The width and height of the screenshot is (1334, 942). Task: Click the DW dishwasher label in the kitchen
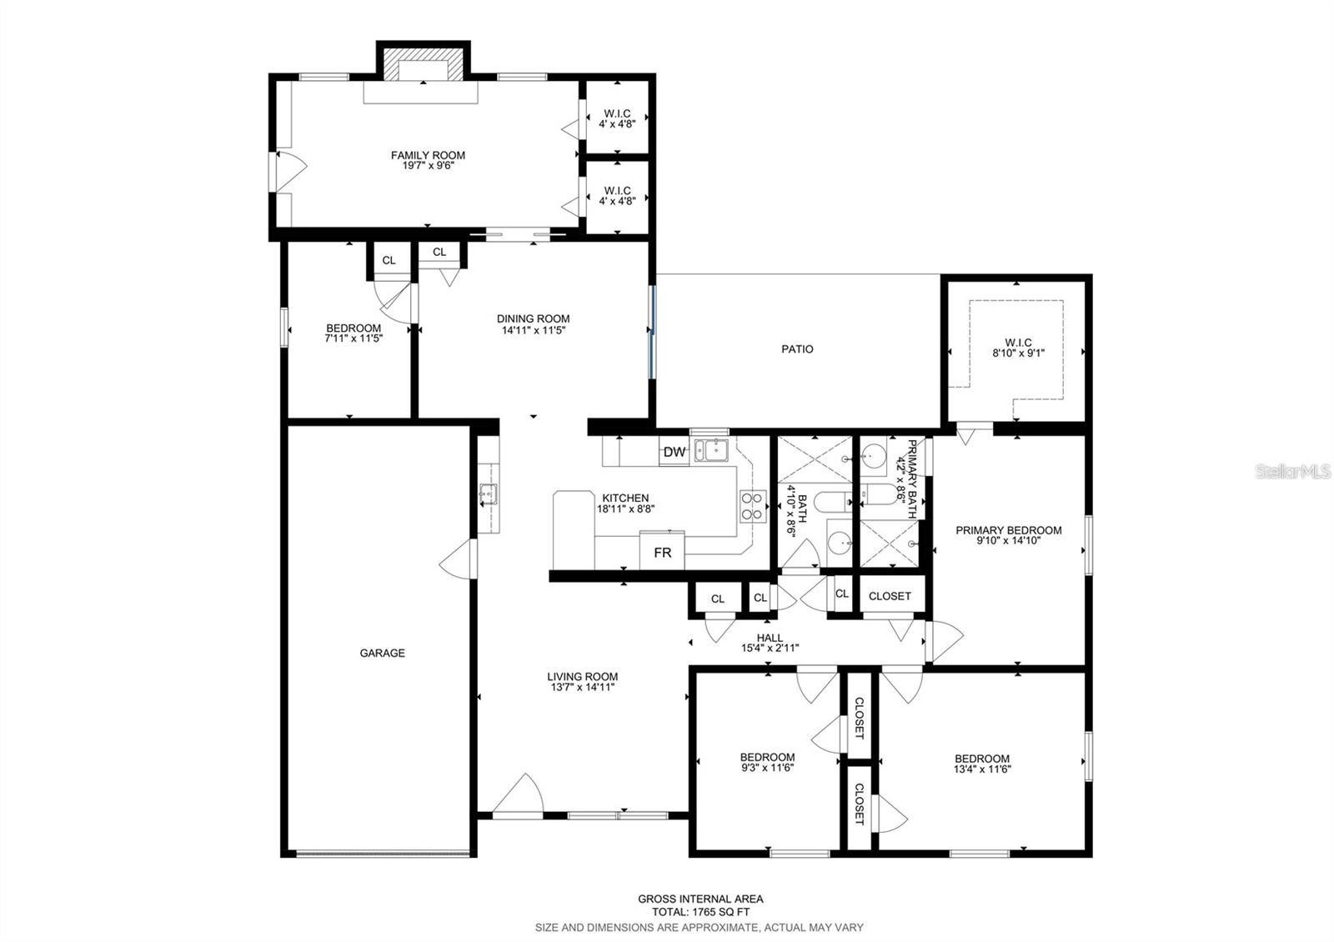pos(675,452)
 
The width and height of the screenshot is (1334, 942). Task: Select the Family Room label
pos(428,155)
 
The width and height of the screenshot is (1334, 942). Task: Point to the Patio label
pos(797,349)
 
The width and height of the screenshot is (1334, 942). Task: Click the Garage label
pos(382,654)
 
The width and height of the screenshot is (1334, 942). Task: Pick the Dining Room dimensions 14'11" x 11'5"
pos(533,330)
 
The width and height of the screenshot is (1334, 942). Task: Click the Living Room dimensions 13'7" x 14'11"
pos(583,687)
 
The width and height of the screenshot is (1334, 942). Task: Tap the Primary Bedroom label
pos(1008,530)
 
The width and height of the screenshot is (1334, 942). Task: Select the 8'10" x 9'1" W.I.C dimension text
pos(1018,353)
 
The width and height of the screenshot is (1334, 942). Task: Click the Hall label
pos(770,638)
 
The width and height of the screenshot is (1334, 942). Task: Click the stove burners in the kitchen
pos(753,506)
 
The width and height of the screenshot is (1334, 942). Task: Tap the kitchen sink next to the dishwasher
pos(711,449)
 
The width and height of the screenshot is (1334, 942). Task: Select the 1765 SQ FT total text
pos(700,912)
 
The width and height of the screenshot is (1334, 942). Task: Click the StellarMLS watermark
pos(1292,472)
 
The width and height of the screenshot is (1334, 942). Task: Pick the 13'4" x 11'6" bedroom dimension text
pos(982,769)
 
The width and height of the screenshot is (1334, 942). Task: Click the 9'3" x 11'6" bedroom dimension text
pos(767,768)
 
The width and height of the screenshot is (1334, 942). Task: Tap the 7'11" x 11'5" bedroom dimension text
pos(354,338)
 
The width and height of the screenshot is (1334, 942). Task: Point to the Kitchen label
pos(625,499)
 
